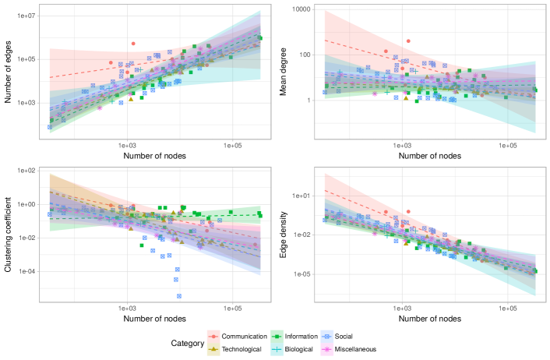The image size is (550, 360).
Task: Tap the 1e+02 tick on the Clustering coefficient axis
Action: click(x=26, y=170)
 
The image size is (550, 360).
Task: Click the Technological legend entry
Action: click(x=238, y=349)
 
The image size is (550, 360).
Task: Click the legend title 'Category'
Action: click(x=188, y=342)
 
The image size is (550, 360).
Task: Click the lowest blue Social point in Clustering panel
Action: click(x=178, y=295)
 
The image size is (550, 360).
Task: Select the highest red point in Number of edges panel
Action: click(x=133, y=44)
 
